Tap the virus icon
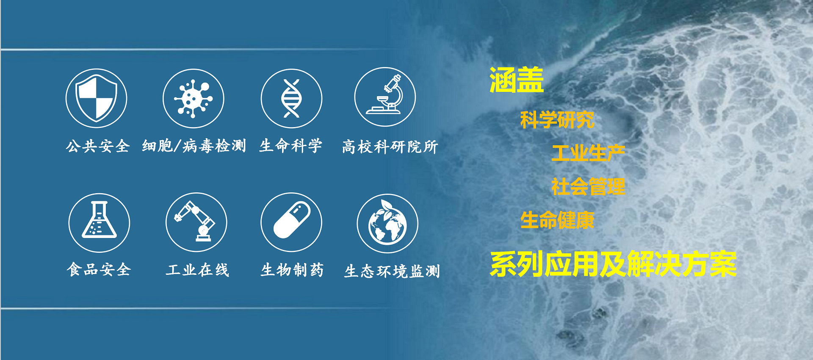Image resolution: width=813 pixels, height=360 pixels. pyautogui.click(x=194, y=98)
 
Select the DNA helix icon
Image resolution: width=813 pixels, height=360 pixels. pyautogui.click(x=291, y=98)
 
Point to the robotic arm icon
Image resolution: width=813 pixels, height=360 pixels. pyautogui.click(x=196, y=222)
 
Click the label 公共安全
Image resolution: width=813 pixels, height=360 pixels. pyautogui.click(x=97, y=146)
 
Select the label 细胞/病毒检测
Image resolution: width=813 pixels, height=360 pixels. pyautogui.click(x=194, y=146)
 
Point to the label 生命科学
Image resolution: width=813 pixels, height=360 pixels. pyautogui.click(x=291, y=146)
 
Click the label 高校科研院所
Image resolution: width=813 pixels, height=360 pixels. pyautogui.click(x=390, y=147)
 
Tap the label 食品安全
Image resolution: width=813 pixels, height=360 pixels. pyautogui.click(x=99, y=269)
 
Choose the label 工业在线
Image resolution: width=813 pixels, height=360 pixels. pyautogui.click(x=197, y=270)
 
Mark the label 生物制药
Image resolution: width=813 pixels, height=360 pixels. pyautogui.click(x=292, y=270)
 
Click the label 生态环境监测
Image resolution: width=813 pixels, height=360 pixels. pyautogui.click(x=393, y=271)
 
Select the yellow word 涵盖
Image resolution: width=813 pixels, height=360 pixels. pyautogui.click(x=517, y=80)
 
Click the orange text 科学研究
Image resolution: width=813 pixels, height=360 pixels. pyautogui.click(x=557, y=120)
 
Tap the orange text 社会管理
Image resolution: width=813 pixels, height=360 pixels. pyautogui.click(x=589, y=187)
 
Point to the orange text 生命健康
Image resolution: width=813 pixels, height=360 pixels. pyautogui.click(x=558, y=220)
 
